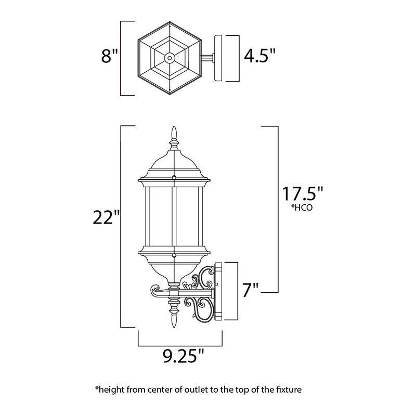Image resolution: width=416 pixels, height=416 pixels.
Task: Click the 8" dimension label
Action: (x=109, y=57)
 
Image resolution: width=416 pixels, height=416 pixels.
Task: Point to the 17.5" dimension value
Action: (x=303, y=193)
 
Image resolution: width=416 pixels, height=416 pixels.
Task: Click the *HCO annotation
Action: (x=303, y=207)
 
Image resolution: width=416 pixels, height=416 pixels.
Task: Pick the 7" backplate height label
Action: (x=251, y=290)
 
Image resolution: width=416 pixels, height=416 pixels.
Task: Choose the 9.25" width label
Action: (x=184, y=356)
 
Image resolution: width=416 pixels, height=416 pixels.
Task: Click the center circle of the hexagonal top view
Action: (x=170, y=58)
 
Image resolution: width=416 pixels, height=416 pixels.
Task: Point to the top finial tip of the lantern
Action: (x=174, y=127)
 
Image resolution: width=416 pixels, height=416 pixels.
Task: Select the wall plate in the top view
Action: (x=218, y=58)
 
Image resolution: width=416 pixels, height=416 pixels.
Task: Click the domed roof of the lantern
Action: (x=174, y=164)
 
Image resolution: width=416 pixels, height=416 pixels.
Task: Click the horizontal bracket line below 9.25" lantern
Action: (x=180, y=346)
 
